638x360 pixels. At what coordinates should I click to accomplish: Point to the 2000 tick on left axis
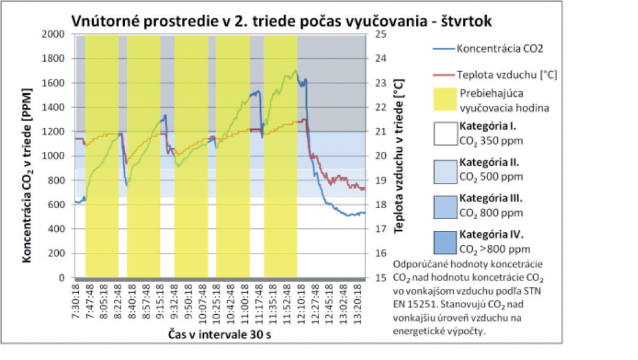click(57, 34)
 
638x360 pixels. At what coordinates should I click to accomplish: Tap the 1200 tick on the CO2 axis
click(57, 132)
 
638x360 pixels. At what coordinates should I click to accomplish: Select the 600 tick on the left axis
click(59, 204)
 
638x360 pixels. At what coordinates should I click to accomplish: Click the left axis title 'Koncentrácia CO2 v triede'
click(28, 156)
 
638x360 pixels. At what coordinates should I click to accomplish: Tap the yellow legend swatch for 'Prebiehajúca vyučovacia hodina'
click(440, 100)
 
